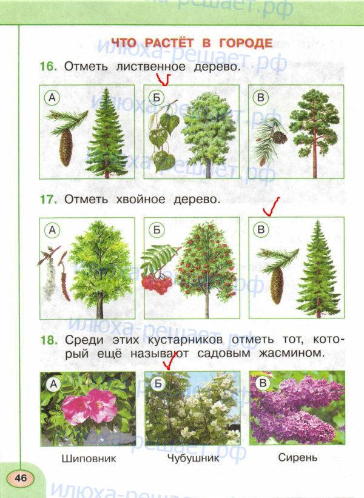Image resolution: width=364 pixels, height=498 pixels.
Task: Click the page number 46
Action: point(21,477)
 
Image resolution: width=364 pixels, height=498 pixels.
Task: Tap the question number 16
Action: point(49,67)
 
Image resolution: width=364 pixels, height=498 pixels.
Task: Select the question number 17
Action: point(49,200)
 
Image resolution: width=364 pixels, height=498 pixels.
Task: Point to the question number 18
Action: point(49,340)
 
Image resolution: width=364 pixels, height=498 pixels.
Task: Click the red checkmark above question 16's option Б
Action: point(163,79)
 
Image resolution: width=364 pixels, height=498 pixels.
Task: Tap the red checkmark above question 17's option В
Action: point(271,207)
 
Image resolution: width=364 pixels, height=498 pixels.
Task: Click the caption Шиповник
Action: point(89,459)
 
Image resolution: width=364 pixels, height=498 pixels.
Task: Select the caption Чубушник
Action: point(193,458)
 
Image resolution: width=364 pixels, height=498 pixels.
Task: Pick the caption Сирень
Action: point(298,457)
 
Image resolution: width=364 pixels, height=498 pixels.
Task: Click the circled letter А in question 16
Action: point(52,98)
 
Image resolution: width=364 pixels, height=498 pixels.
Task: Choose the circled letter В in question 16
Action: point(261,98)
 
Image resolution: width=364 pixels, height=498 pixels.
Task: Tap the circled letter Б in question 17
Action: point(157,230)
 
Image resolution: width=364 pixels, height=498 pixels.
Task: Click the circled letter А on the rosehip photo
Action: point(53,385)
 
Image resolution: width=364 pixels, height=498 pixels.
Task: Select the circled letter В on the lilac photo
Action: point(263,383)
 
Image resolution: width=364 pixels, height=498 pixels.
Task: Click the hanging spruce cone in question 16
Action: point(66,148)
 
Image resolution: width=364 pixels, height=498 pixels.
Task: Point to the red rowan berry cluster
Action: point(157,283)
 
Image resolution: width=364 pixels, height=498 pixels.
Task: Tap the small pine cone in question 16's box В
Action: point(280,137)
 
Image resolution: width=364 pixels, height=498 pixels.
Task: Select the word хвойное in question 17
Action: point(140,200)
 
